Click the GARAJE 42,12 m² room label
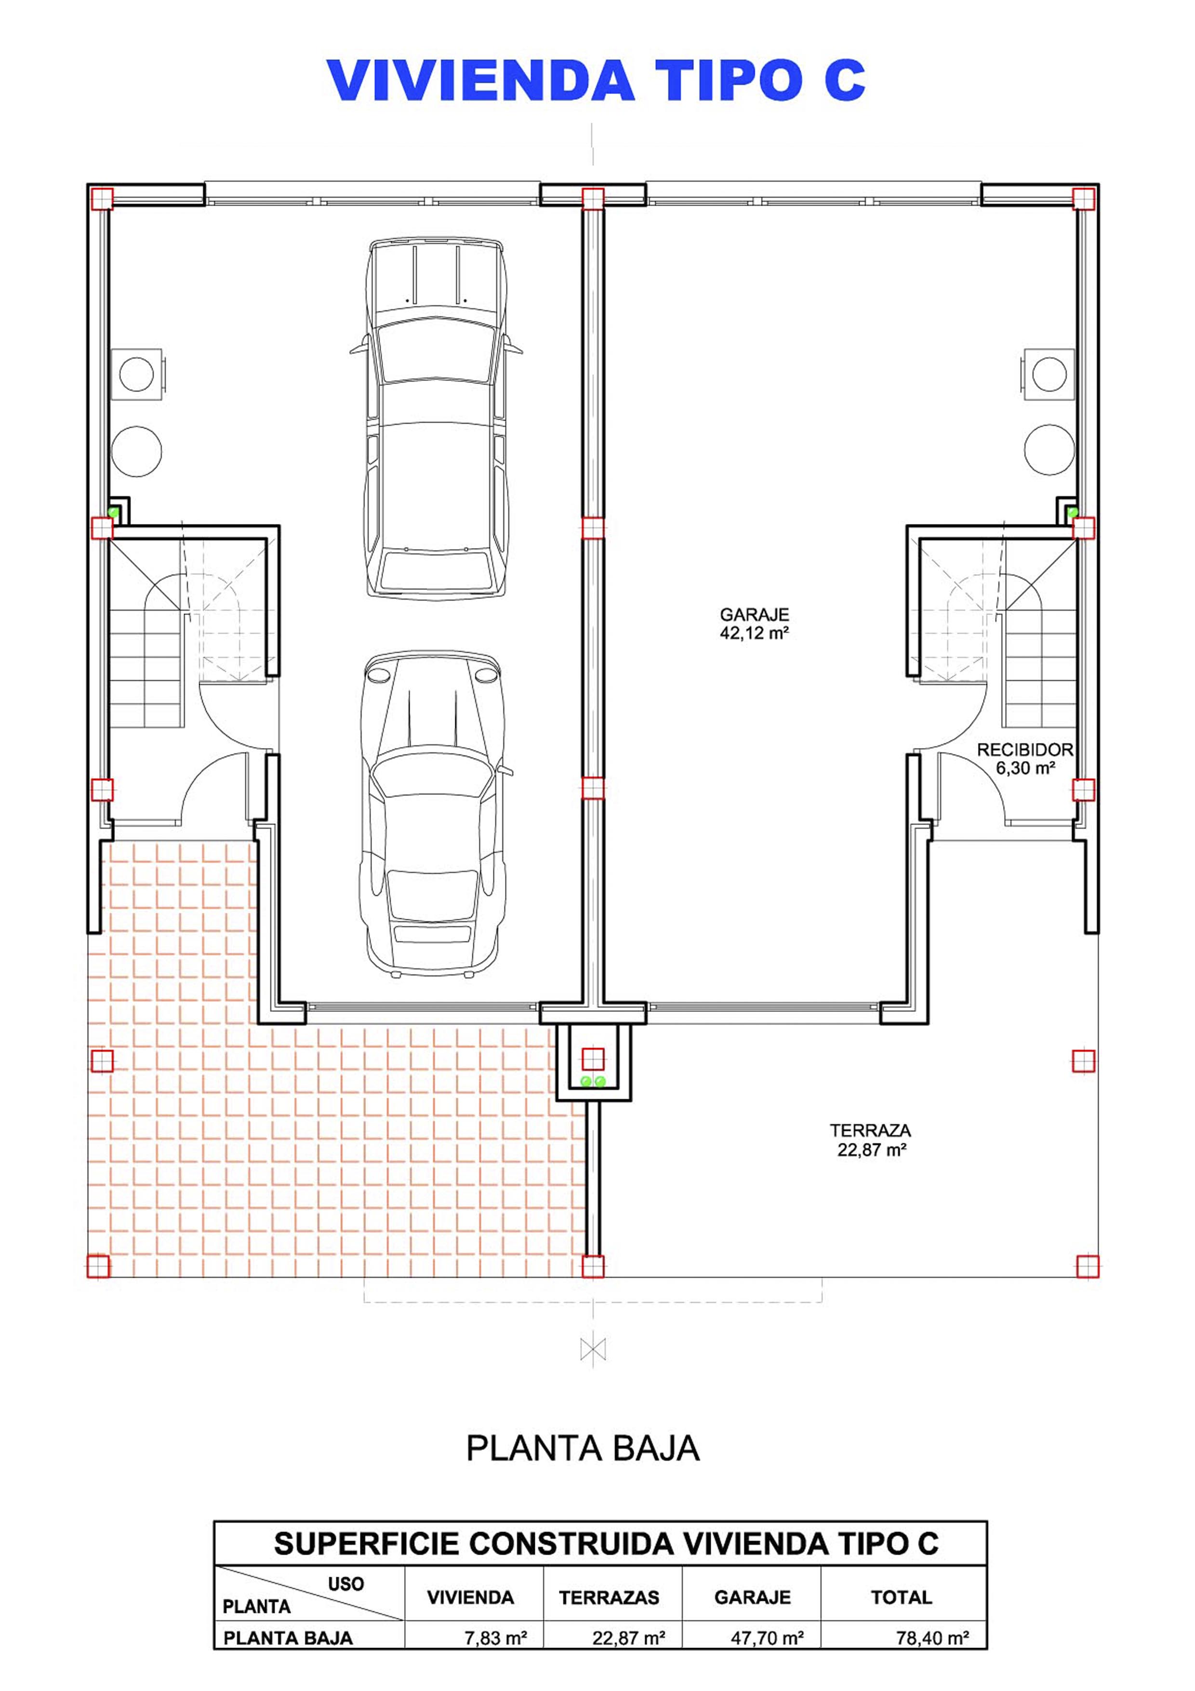point(754,623)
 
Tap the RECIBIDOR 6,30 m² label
point(1025,759)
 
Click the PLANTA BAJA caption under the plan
point(583,1448)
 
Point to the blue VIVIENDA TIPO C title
point(597,81)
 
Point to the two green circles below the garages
point(593,1081)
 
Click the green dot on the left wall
point(114,511)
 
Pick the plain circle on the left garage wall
point(136,451)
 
